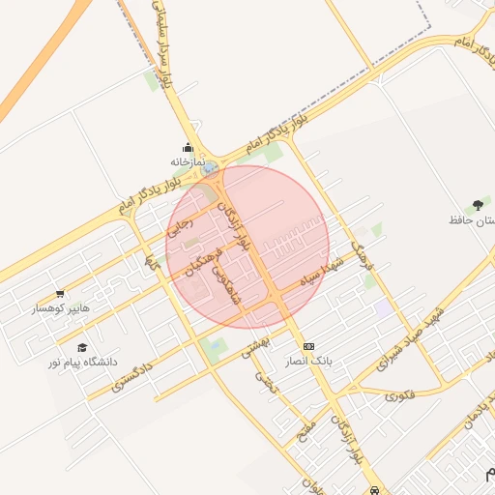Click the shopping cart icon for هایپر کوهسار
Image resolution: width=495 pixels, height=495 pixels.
point(60,293)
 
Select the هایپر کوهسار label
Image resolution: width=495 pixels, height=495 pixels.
point(60,307)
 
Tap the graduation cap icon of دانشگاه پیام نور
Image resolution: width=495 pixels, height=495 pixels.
point(82,347)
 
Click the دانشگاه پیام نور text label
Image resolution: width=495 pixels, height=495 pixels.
point(84,362)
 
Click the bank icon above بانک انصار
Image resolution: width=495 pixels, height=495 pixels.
point(308,345)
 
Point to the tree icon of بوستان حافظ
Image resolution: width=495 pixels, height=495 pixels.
point(477,206)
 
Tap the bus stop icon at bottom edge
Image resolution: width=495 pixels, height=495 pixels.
point(374,490)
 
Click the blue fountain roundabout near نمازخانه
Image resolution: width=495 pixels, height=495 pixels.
point(210,168)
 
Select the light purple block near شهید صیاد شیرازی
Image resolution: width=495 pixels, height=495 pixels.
point(385,306)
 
